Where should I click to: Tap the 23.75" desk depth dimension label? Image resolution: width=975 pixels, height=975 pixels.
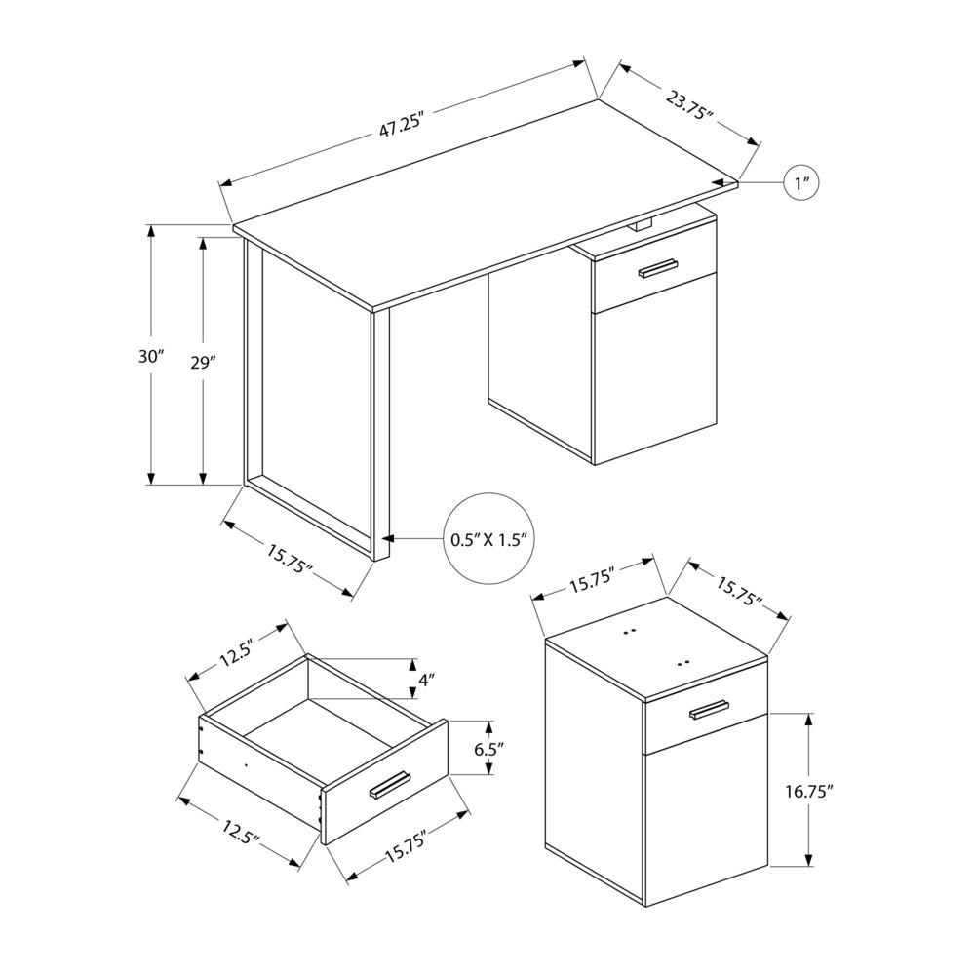tap(689, 104)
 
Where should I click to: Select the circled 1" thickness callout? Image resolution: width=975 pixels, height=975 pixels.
tap(801, 183)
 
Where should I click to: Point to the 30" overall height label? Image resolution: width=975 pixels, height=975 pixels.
tap(151, 356)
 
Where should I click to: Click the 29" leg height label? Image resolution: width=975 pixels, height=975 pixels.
tap(203, 363)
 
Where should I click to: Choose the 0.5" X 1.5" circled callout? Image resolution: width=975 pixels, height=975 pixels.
tap(489, 538)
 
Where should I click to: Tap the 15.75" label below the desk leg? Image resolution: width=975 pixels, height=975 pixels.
tap(290, 560)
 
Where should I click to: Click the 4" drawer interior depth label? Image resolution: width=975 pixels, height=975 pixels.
tap(425, 680)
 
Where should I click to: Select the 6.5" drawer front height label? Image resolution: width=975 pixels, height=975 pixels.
tap(488, 749)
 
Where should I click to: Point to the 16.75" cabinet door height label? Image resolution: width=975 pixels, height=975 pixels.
tap(807, 791)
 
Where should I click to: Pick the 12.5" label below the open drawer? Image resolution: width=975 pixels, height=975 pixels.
tap(241, 831)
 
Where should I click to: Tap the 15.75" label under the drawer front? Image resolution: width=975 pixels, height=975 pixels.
tap(407, 845)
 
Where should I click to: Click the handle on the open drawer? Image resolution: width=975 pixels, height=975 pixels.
tap(389, 785)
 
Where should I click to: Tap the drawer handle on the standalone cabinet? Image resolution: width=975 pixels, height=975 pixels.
tap(709, 710)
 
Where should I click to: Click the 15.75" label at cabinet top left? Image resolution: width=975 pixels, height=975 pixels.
tap(592, 579)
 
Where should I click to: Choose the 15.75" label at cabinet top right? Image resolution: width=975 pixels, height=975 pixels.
tap(739, 592)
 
